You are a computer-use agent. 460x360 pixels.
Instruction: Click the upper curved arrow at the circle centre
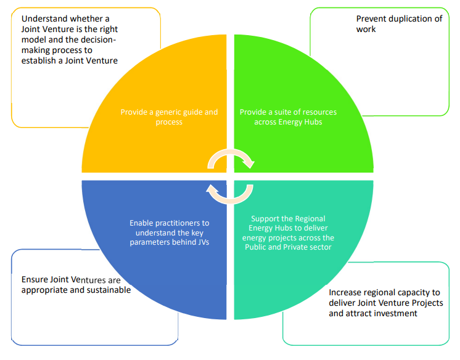[229, 158]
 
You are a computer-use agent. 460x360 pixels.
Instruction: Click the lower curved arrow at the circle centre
[229, 195]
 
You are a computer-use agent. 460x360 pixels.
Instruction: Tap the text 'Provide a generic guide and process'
[169, 117]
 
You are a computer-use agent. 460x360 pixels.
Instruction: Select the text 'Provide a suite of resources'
[288, 112]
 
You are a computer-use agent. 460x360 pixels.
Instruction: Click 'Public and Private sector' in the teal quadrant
[288, 247]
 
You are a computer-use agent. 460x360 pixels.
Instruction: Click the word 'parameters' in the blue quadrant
[149, 242]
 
